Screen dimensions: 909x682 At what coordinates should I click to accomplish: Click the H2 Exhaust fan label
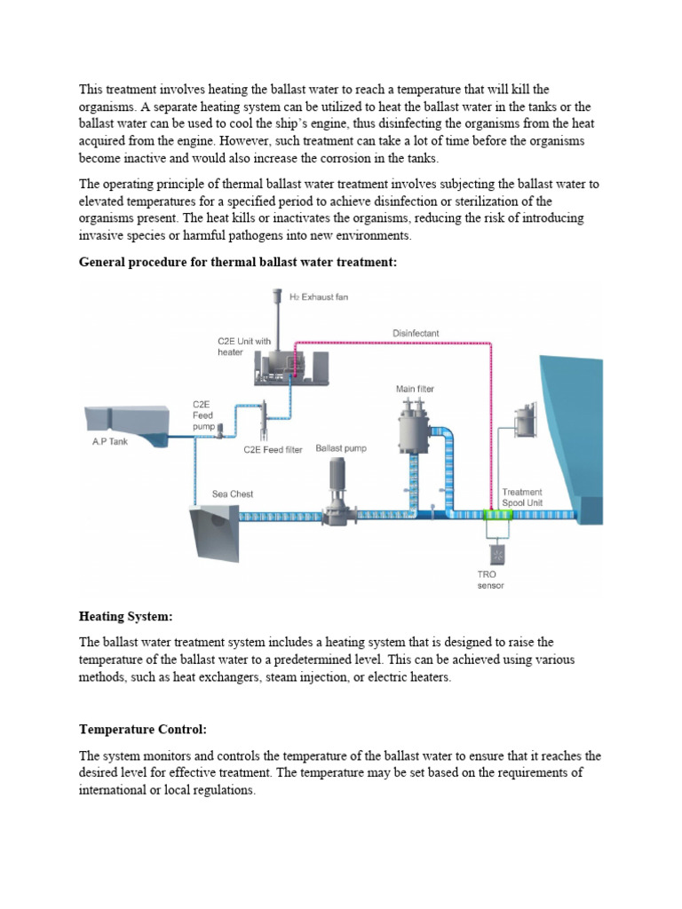coord(319,297)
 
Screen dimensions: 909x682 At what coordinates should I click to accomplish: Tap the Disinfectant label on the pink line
coord(416,334)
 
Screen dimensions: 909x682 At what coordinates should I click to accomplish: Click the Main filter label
coord(415,389)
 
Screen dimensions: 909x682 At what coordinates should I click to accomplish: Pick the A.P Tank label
coord(110,441)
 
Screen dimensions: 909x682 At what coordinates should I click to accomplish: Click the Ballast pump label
coord(341,449)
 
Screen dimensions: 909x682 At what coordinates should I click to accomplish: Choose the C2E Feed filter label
coord(275,450)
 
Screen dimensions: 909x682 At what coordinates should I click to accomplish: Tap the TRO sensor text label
coord(490,581)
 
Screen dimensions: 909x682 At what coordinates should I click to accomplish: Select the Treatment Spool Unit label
coord(522,497)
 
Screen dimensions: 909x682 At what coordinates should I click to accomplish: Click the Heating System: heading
coord(125,615)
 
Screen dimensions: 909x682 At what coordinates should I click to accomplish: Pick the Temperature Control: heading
coord(142,730)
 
